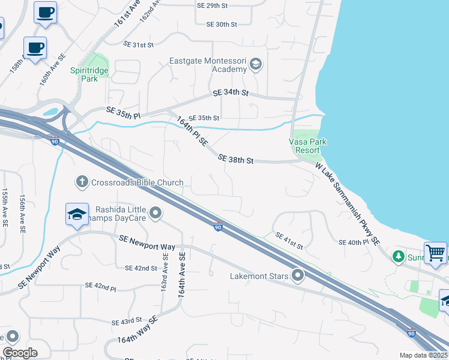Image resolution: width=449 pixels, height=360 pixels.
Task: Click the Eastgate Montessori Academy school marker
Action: (256, 64)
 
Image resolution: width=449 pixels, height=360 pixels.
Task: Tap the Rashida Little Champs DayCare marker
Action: (156, 213)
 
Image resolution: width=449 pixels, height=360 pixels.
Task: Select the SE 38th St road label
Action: (237, 160)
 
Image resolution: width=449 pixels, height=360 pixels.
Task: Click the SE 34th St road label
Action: (231, 93)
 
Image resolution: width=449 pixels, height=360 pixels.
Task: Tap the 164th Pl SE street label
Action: (191, 133)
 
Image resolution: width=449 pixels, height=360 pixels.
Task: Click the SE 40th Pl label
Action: (352, 242)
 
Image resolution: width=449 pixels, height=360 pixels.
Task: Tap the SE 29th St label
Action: (212, 5)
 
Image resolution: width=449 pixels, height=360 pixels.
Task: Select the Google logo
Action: (20, 353)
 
